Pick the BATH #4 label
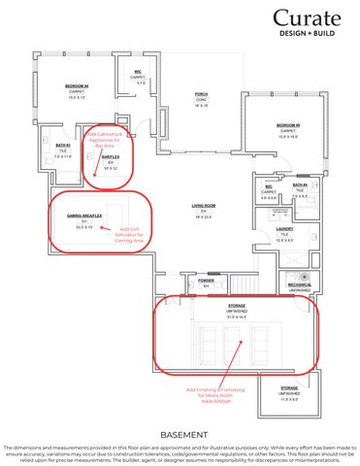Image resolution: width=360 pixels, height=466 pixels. (x=299, y=183)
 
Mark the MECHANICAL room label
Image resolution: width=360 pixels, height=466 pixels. (x=299, y=283)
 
